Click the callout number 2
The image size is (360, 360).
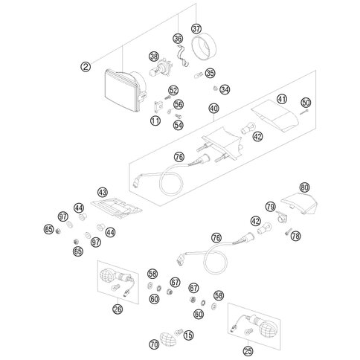pos(86,67)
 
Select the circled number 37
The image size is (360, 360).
pos(196,29)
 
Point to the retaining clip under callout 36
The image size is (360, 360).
pos(182,56)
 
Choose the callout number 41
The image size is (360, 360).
pos(282,99)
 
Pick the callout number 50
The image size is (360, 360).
pos(306,103)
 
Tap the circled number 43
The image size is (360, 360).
pos(103,192)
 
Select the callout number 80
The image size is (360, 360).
pos(304,187)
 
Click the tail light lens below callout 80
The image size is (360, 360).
pos(299,203)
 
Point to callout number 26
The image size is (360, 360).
pos(118,309)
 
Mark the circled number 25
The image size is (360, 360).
pos(248,351)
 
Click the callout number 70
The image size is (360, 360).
pos(154,344)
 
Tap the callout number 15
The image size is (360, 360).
pos(188,335)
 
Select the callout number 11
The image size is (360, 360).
pos(155,120)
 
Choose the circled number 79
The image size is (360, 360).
pos(271,207)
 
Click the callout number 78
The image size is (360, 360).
pos(295,236)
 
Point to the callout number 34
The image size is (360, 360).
pos(225,89)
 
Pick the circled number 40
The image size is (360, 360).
pos(213,109)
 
